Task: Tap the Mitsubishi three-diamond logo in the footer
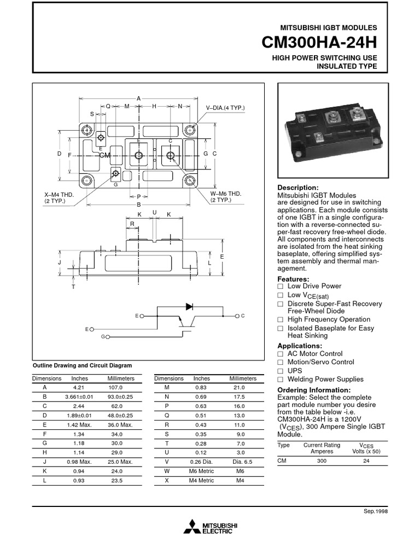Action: click(192, 527)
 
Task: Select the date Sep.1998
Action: click(376, 511)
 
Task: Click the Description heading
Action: click(298, 188)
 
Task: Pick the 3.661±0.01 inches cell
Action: click(80, 396)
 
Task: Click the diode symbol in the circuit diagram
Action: click(190, 307)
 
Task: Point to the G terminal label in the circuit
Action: click(103, 336)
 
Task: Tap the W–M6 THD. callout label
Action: click(226, 194)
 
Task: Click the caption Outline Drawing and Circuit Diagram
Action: click(83, 365)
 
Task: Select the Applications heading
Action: click(300, 346)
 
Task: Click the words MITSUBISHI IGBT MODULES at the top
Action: click(328, 27)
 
